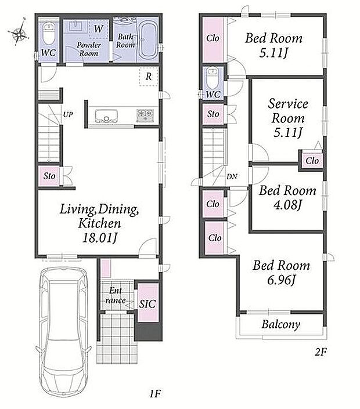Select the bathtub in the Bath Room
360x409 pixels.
point(148,41)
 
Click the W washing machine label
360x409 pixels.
point(98,28)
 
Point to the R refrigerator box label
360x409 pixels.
point(149,77)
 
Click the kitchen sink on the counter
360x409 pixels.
point(106,116)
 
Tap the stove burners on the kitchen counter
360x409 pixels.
point(145,116)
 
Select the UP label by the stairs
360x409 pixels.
point(68,114)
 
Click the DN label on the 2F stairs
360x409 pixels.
point(232,177)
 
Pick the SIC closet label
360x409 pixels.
point(147,304)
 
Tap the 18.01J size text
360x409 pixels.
point(99,238)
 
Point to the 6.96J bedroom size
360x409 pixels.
point(281,280)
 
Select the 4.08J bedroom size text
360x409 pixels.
point(287,205)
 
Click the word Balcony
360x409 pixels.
point(281,324)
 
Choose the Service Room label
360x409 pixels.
point(288,111)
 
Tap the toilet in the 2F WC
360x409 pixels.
point(213,78)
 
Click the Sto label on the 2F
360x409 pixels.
point(213,114)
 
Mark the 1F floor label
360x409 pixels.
point(155,393)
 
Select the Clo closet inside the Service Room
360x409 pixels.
point(312,161)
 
